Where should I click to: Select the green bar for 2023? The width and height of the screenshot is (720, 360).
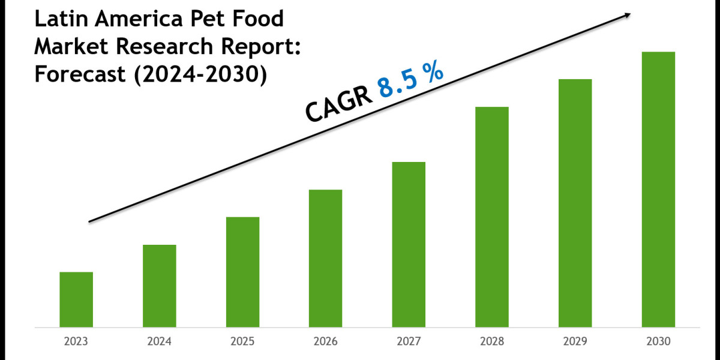76,299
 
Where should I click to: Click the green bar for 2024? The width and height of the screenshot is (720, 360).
160,286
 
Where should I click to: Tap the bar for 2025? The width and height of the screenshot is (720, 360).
243,272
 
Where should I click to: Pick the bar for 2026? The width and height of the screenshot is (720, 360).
326,258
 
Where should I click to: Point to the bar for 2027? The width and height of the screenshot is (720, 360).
409,244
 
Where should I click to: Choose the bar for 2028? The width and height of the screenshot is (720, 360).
492,217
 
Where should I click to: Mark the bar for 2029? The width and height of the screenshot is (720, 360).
575,203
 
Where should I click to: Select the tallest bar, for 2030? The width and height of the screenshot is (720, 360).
658,189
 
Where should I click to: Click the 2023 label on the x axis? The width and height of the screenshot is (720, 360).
76,342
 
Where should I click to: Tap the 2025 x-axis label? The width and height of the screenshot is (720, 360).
243,342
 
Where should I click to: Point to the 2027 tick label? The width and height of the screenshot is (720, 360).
409,342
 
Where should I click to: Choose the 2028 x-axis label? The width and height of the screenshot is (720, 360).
492,342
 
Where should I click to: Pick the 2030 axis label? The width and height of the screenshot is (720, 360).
658,342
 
